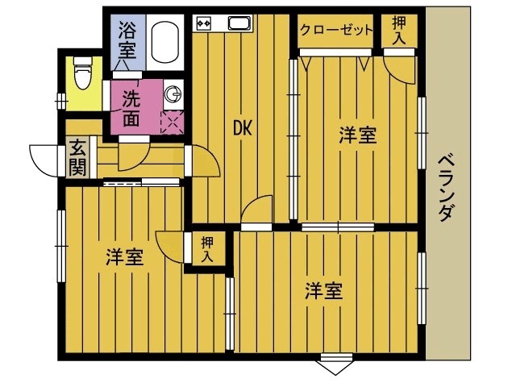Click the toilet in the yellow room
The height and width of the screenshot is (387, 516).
pyautogui.click(x=81, y=75)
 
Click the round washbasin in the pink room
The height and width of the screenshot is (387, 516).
pyautogui.click(x=173, y=94)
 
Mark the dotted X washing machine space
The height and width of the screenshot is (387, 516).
pyautogui.click(x=173, y=122)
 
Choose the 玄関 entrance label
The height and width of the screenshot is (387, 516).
pyautogui.click(x=77, y=157)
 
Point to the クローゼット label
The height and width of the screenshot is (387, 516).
pyautogui.click(x=336, y=31)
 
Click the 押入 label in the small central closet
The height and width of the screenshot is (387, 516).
pyautogui.click(x=208, y=248)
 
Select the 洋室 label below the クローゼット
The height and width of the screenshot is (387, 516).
pyautogui.click(x=356, y=135)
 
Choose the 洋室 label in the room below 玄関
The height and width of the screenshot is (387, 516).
pyautogui.click(x=125, y=257)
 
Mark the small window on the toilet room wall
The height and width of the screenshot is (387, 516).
pyautogui.click(x=60, y=100)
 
